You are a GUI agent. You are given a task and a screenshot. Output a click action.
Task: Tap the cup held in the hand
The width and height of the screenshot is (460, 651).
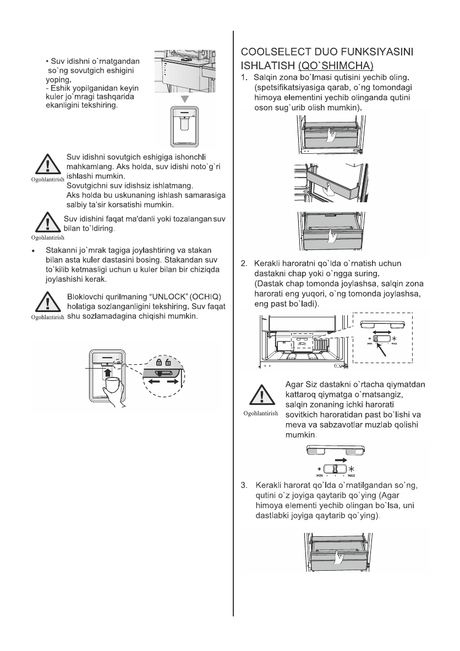[x=112, y=385]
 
